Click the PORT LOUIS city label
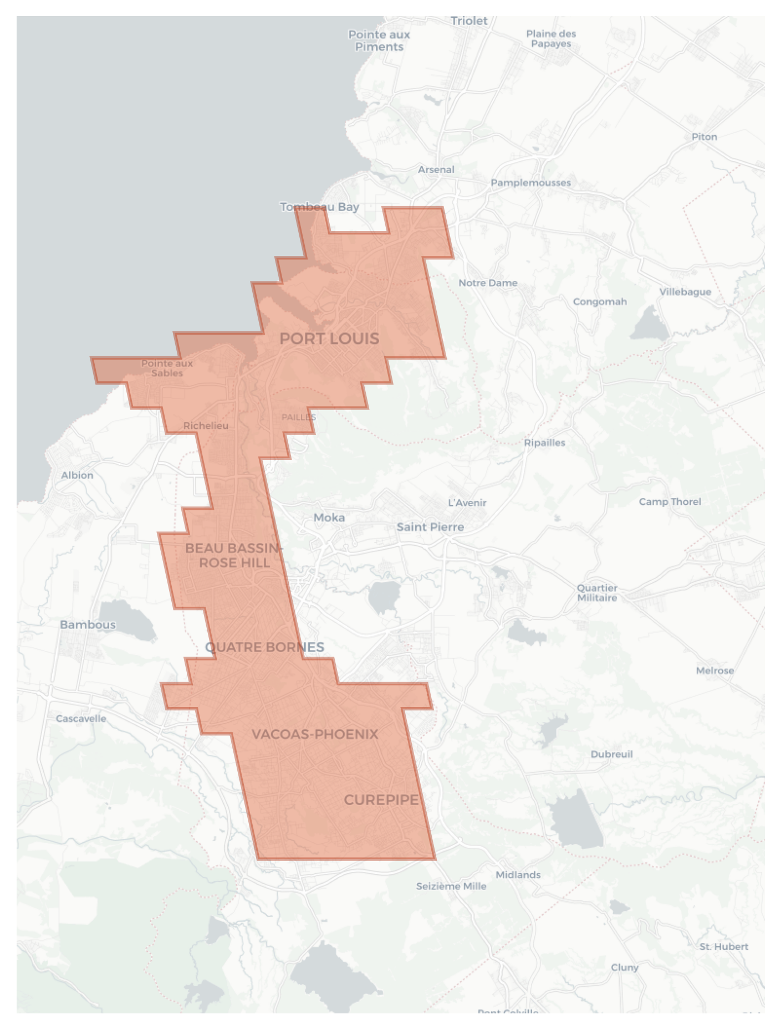(329, 339)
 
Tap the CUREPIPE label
(381, 800)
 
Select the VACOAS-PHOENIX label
(315, 734)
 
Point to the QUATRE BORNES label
(264, 647)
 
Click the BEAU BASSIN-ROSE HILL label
(234, 555)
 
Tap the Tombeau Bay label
(319, 207)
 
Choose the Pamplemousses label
(530, 182)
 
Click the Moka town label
(329, 517)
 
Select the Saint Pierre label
(430, 527)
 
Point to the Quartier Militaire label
(597, 593)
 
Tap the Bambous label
(88, 624)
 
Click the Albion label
(77, 475)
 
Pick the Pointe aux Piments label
(379, 40)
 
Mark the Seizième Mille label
(451, 886)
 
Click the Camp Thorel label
(670, 501)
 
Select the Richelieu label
(206, 426)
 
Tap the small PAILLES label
(298, 417)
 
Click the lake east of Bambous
(131, 619)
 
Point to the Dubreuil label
(611, 754)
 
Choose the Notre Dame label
(488, 283)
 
